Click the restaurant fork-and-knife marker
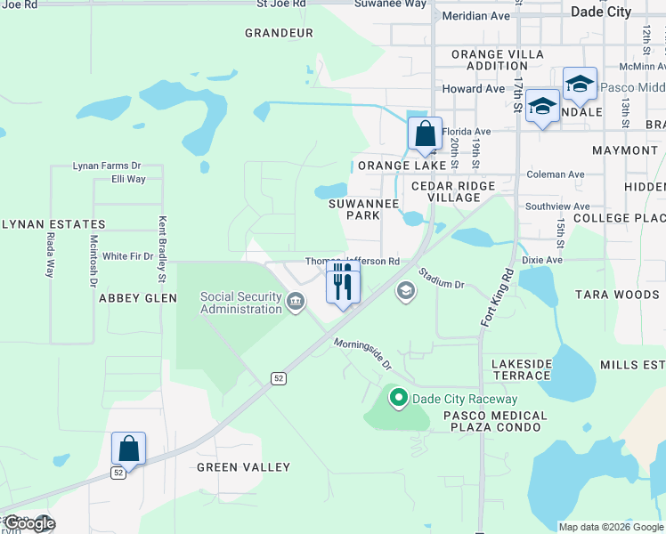[343, 283]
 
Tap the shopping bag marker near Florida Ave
[426, 134]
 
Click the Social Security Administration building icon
[296, 303]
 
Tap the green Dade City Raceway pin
[398, 399]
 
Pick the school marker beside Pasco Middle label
[580, 85]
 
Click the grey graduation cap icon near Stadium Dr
[406, 291]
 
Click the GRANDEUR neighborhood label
[279, 33]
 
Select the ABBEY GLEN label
[138, 298]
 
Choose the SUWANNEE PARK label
[362, 209]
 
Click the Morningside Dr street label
[363, 353]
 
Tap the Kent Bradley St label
[163, 245]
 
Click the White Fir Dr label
[127, 256]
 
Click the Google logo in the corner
[29, 522]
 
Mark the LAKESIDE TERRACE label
[522, 370]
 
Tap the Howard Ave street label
[474, 89]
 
